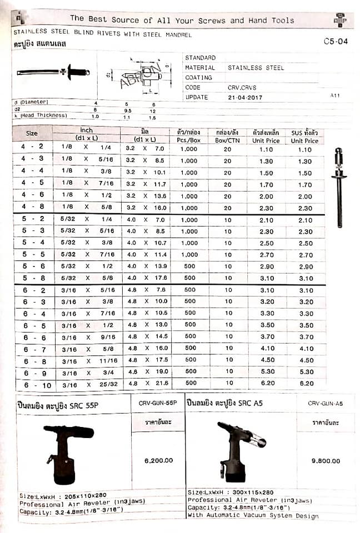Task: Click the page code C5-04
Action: (336, 41)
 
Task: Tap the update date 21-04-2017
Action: (245, 97)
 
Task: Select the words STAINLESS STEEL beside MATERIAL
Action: (256, 68)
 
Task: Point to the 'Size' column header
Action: (32, 133)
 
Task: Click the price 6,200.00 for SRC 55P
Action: (158, 460)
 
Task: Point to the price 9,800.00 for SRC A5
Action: (326, 460)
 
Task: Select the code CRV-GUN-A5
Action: (325, 404)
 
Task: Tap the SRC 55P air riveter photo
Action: (68, 452)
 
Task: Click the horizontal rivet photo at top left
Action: (53, 72)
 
